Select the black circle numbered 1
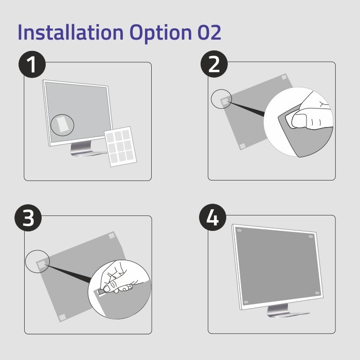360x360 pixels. pos(32,66)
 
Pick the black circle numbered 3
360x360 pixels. pos(28,218)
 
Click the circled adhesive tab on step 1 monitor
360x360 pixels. pos(62,124)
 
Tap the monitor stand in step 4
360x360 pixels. pos(280,310)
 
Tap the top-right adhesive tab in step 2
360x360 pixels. pos(284,78)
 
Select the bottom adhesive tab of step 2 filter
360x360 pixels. pos(242,146)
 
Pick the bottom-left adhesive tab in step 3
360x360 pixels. pos(62,317)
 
